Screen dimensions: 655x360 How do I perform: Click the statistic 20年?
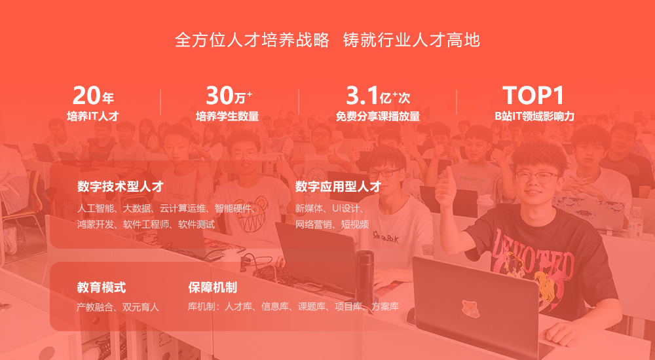(93, 96)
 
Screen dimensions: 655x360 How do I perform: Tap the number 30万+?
(229, 96)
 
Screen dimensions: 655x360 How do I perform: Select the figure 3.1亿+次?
(378, 96)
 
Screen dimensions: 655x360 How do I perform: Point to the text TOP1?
(533, 95)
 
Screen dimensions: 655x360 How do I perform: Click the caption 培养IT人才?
(93, 116)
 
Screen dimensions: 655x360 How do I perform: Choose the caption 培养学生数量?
(227, 116)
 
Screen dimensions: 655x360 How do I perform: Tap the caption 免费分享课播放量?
(378, 116)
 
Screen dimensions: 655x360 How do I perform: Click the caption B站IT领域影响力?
(534, 116)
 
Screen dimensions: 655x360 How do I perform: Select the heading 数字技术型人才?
(120, 187)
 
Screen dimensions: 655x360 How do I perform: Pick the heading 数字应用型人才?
(339, 187)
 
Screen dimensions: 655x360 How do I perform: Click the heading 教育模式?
(102, 287)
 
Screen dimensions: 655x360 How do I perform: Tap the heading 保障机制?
(213, 287)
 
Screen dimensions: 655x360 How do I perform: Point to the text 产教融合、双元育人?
(118, 308)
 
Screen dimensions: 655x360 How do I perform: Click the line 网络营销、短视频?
(332, 225)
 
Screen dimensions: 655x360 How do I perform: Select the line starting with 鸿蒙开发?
(146, 225)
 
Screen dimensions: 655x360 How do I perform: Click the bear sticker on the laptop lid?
(470, 309)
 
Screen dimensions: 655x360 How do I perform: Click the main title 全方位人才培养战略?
(252, 41)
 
